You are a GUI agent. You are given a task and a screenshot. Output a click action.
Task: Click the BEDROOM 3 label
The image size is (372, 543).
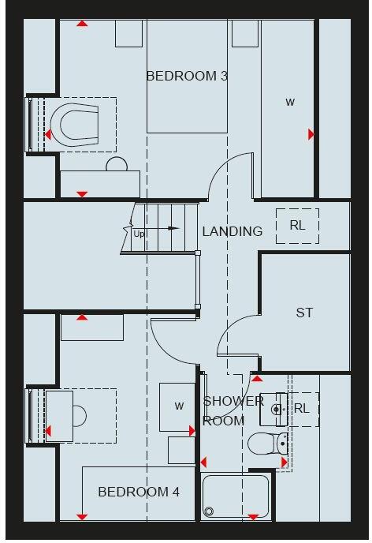click(187, 77)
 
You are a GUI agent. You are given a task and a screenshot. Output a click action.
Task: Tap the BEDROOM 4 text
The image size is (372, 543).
click(139, 492)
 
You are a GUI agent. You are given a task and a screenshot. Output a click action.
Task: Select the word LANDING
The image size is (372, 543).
click(232, 231)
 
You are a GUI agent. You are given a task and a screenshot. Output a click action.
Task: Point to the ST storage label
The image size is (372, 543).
click(304, 313)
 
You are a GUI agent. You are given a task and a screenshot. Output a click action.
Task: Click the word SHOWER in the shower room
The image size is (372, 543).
click(233, 401)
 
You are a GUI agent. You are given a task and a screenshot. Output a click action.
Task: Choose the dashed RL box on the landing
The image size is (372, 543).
click(297, 226)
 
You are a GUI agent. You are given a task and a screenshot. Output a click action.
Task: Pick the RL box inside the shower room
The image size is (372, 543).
click(302, 409)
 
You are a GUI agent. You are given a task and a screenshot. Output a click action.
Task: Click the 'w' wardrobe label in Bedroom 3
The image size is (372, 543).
click(290, 102)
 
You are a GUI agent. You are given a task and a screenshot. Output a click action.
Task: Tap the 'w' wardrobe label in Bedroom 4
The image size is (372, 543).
click(179, 406)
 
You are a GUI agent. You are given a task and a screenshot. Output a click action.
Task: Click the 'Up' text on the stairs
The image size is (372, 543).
click(139, 234)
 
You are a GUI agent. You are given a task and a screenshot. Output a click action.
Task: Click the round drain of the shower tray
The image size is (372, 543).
click(209, 511)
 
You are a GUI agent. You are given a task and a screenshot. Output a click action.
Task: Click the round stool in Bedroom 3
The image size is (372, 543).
click(117, 164)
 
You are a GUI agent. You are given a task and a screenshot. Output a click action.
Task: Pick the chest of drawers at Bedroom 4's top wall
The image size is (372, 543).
click(92, 328)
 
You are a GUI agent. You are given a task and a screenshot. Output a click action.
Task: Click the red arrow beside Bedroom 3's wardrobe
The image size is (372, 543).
click(311, 135)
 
